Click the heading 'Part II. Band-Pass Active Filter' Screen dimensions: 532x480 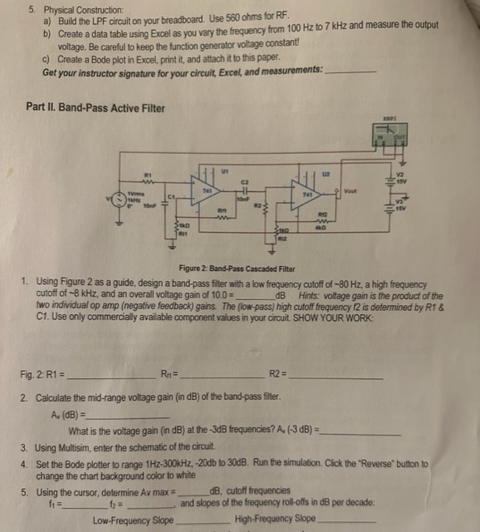pyautogui.click(x=96, y=107)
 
